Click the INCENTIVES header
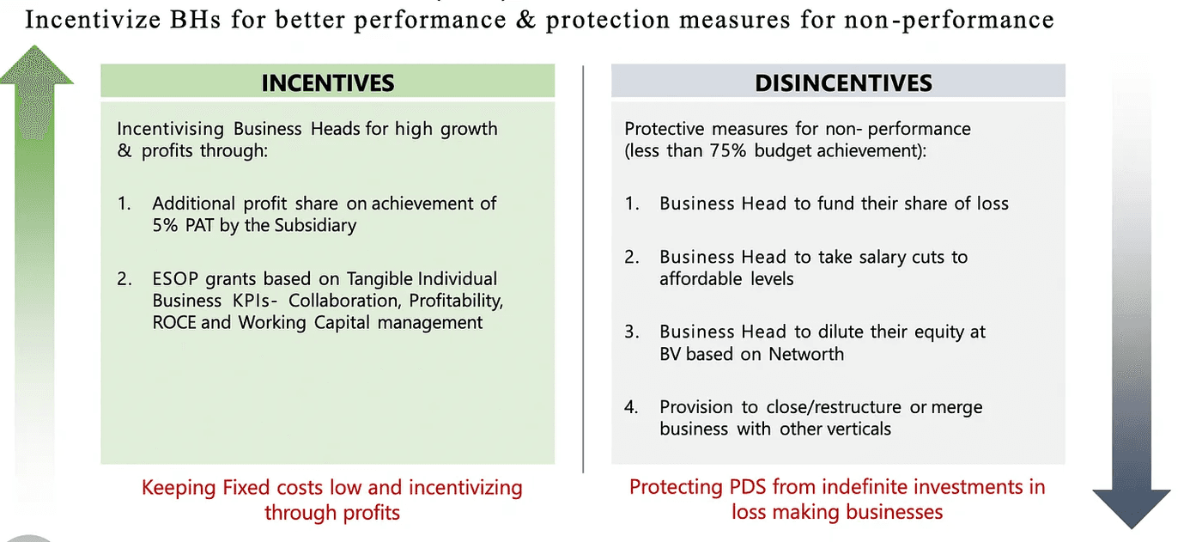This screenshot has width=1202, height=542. pyautogui.click(x=327, y=82)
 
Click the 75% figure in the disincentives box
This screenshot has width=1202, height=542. pyautogui.click(x=729, y=151)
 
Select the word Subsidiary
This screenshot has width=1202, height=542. pyautogui.click(x=314, y=226)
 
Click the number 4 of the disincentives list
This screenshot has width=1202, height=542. pyautogui.click(x=631, y=406)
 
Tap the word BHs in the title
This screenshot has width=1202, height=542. pyautogui.click(x=179, y=20)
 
